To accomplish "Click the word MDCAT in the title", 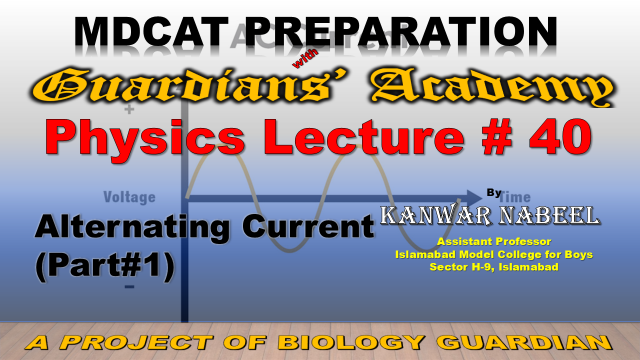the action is point(151,31).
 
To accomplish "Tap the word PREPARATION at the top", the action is point(402,31).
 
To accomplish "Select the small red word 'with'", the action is point(305,58).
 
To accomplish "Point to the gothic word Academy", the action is point(493,87).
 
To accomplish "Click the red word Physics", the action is point(145,138).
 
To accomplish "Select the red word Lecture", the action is point(364,136).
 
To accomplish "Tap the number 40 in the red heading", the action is point(560,136).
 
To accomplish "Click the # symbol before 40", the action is point(497,136).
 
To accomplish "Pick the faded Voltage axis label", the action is point(129,197).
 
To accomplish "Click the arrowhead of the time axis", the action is point(474,198).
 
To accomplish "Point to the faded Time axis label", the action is point(515,197).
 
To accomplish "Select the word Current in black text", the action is point(308,226).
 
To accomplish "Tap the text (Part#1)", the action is point(105,265).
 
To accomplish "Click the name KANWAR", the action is point(436,215).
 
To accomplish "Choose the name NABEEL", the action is point(549,215).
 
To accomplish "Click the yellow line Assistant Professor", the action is point(494,241).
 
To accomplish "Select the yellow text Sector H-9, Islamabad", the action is point(494,267).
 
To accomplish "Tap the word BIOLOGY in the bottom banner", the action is point(352,342).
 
